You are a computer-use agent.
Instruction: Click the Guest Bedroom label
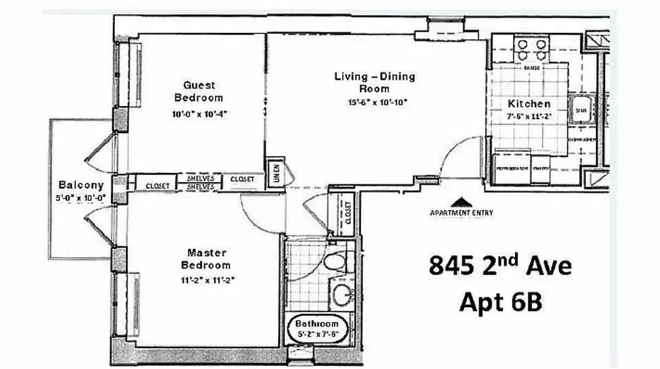(x=199, y=92)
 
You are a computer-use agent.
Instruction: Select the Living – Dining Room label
(x=375, y=82)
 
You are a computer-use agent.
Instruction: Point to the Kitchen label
(x=529, y=104)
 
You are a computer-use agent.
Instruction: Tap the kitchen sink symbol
(x=581, y=110)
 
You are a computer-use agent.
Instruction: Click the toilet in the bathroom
(x=335, y=261)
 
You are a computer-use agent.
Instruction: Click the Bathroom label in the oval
(x=318, y=323)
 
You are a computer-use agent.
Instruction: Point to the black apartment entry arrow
(x=461, y=202)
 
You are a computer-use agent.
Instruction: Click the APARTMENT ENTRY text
(x=461, y=213)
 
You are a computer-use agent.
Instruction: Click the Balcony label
(x=81, y=185)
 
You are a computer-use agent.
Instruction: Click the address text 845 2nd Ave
(x=500, y=266)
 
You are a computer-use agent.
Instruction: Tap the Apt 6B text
(x=500, y=301)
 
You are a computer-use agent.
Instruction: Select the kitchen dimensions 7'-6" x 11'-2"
(x=529, y=116)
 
